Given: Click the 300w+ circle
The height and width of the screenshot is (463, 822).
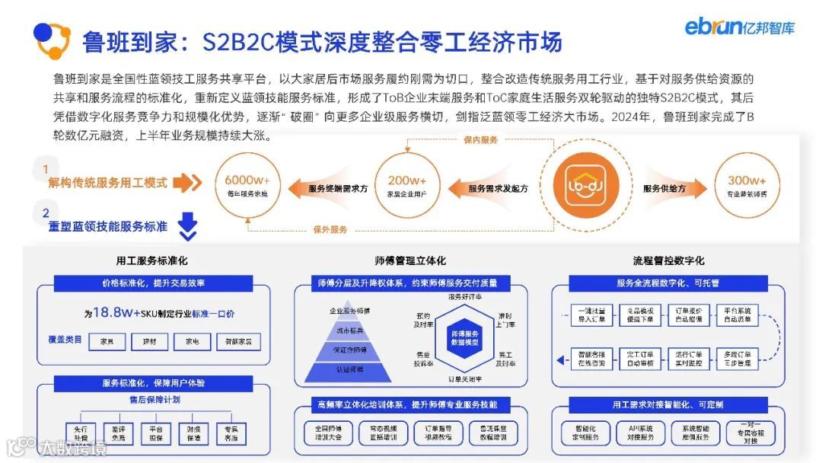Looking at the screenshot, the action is tap(746, 185).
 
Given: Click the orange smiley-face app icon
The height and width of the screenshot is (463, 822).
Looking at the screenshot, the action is tap(585, 186).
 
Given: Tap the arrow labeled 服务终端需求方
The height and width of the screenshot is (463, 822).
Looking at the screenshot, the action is tap(333, 188).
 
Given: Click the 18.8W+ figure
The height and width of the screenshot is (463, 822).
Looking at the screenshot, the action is tap(113, 312).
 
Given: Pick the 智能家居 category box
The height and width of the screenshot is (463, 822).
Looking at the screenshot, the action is tap(238, 343).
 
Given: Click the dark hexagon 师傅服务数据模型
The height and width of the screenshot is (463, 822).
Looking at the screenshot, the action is tap(464, 338).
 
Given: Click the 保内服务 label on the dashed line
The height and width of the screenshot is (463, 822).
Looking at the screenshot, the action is tap(480, 140).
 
